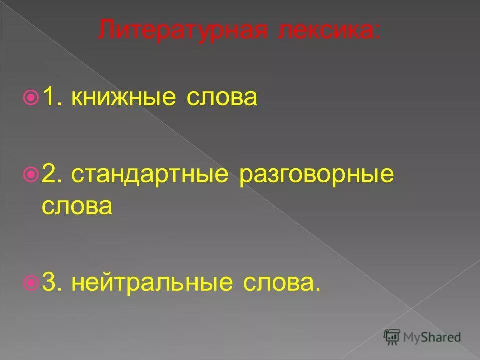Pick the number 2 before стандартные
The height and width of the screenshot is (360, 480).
pyautogui.click(x=49, y=174)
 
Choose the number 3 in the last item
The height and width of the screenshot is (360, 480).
pyautogui.click(x=49, y=282)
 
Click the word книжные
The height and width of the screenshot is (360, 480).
pyautogui.click(x=123, y=98)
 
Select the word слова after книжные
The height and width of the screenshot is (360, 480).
pyautogui.click(x=221, y=98)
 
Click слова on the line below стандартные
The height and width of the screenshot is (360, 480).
pyautogui.click(x=77, y=206)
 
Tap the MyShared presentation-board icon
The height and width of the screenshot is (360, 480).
pyautogui.click(x=393, y=336)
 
